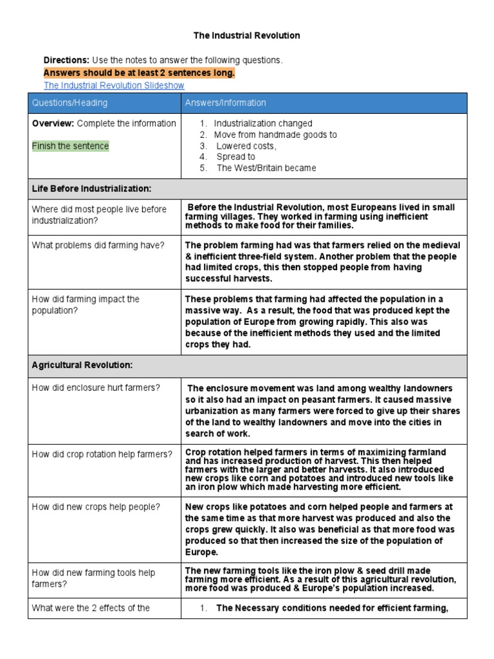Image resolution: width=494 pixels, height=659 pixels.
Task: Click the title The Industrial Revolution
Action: click(x=247, y=35)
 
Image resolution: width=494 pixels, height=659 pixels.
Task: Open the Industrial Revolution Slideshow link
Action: click(x=114, y=85)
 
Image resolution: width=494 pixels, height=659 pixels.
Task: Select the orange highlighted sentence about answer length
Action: click(x=139, y=73)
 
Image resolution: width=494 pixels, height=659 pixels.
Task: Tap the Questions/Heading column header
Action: click(x=70, y=103)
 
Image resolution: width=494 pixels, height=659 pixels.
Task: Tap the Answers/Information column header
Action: click(x=225, y=103)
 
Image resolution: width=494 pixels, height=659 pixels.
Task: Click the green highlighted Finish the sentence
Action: click(x=71, y=146)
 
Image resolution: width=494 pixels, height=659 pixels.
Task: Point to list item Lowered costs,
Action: click(x=246, y=146)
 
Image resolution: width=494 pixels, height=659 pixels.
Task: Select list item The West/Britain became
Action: click(x=266, y=168)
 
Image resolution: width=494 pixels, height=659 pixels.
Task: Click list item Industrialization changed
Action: click(x=263, y=124)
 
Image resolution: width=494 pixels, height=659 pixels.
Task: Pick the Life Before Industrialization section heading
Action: click(x=91, y=189)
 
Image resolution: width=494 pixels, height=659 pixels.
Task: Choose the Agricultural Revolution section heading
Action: click(x=82, y=365)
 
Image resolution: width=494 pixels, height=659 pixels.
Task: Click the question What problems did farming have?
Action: click(x=98, y=245)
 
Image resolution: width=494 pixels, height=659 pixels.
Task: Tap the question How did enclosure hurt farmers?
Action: click(x=96, y=387)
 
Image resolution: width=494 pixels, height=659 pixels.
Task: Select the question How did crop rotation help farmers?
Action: click(x=102, y=454)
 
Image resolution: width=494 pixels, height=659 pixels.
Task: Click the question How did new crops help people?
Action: click(x=96, y=506)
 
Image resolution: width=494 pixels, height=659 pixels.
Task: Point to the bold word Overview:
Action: click(x=53, y=124)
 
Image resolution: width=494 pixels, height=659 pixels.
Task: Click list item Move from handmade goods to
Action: click(x=275, y=135)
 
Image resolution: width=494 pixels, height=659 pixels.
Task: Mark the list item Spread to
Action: click(x=235, y=157)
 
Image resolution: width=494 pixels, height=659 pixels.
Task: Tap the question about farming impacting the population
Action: click(x=86, y=305)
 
